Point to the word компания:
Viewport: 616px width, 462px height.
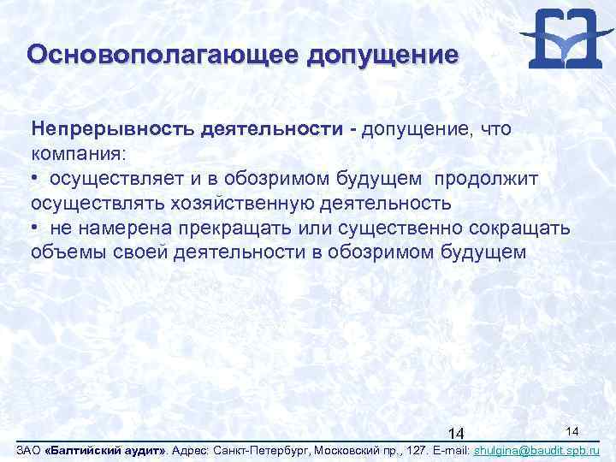point(78,154)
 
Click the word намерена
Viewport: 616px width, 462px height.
point(115,228)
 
